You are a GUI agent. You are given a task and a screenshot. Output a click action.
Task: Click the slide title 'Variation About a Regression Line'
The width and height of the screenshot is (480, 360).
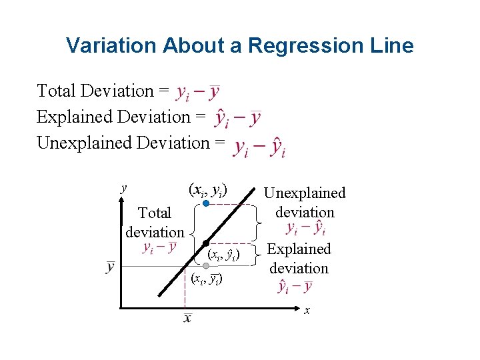coord(240,45)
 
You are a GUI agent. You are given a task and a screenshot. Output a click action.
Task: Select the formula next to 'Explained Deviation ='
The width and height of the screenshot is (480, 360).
coord(237,118)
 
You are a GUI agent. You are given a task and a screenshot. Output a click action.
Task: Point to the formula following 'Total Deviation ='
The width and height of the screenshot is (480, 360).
coord(197,93)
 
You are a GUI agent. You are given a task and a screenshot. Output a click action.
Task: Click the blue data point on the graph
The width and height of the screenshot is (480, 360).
coord(207,203)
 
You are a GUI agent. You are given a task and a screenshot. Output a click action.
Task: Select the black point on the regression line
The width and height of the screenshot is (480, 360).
coord(207,243)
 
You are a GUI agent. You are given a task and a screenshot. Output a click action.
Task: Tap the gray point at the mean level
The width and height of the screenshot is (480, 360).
coord(207,266)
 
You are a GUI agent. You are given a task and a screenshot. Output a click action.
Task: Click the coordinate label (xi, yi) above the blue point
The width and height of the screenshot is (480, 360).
coord(208,189)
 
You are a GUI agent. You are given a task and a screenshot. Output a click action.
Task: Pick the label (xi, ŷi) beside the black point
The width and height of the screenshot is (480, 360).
coord(223,254)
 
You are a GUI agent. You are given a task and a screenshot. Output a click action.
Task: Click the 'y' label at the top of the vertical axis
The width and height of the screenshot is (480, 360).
coord(123,188)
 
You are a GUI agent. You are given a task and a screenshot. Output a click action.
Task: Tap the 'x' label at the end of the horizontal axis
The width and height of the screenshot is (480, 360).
coord(307,310)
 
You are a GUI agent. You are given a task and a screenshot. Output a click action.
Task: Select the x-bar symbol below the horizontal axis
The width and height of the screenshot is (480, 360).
coord(187,318)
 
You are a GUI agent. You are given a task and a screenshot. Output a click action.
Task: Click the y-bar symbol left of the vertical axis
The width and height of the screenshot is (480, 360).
coord(110,267)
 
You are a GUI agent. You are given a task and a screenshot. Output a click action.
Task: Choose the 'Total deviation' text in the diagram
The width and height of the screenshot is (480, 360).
coord(155,223)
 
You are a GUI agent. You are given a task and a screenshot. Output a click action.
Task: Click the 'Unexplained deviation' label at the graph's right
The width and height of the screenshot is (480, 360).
coord(305,203)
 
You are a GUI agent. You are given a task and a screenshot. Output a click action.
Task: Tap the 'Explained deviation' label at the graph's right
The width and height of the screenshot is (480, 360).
coord(299,259)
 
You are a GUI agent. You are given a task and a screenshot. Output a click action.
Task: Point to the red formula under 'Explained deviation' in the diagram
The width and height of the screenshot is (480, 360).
coord(294,287)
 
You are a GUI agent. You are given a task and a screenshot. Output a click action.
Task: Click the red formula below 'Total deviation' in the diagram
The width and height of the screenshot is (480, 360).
coord(160,248)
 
